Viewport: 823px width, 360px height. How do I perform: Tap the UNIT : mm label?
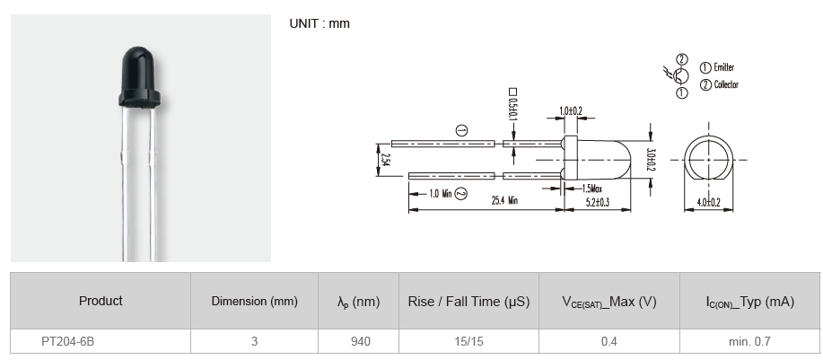tap(320, 23)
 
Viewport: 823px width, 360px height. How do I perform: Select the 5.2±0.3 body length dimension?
tap(597, 203)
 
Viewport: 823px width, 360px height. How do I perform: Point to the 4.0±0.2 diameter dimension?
tap(709, 203)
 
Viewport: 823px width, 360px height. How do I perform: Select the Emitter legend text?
tap(723, 67)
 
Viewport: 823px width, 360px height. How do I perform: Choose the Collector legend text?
tap(725, 84)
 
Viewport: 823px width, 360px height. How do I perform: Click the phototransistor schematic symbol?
tap(679, 75)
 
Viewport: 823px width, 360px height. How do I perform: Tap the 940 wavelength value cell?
tap(359, 341)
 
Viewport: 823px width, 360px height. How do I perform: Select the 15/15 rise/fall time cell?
tap(468, 341)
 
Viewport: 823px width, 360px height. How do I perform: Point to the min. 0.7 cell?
tap(749, 341)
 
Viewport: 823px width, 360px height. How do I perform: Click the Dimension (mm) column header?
tap(254, 302)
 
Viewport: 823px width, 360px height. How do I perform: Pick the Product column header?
tap(101, 301)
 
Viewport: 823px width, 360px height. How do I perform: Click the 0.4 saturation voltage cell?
tap(608, 341)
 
